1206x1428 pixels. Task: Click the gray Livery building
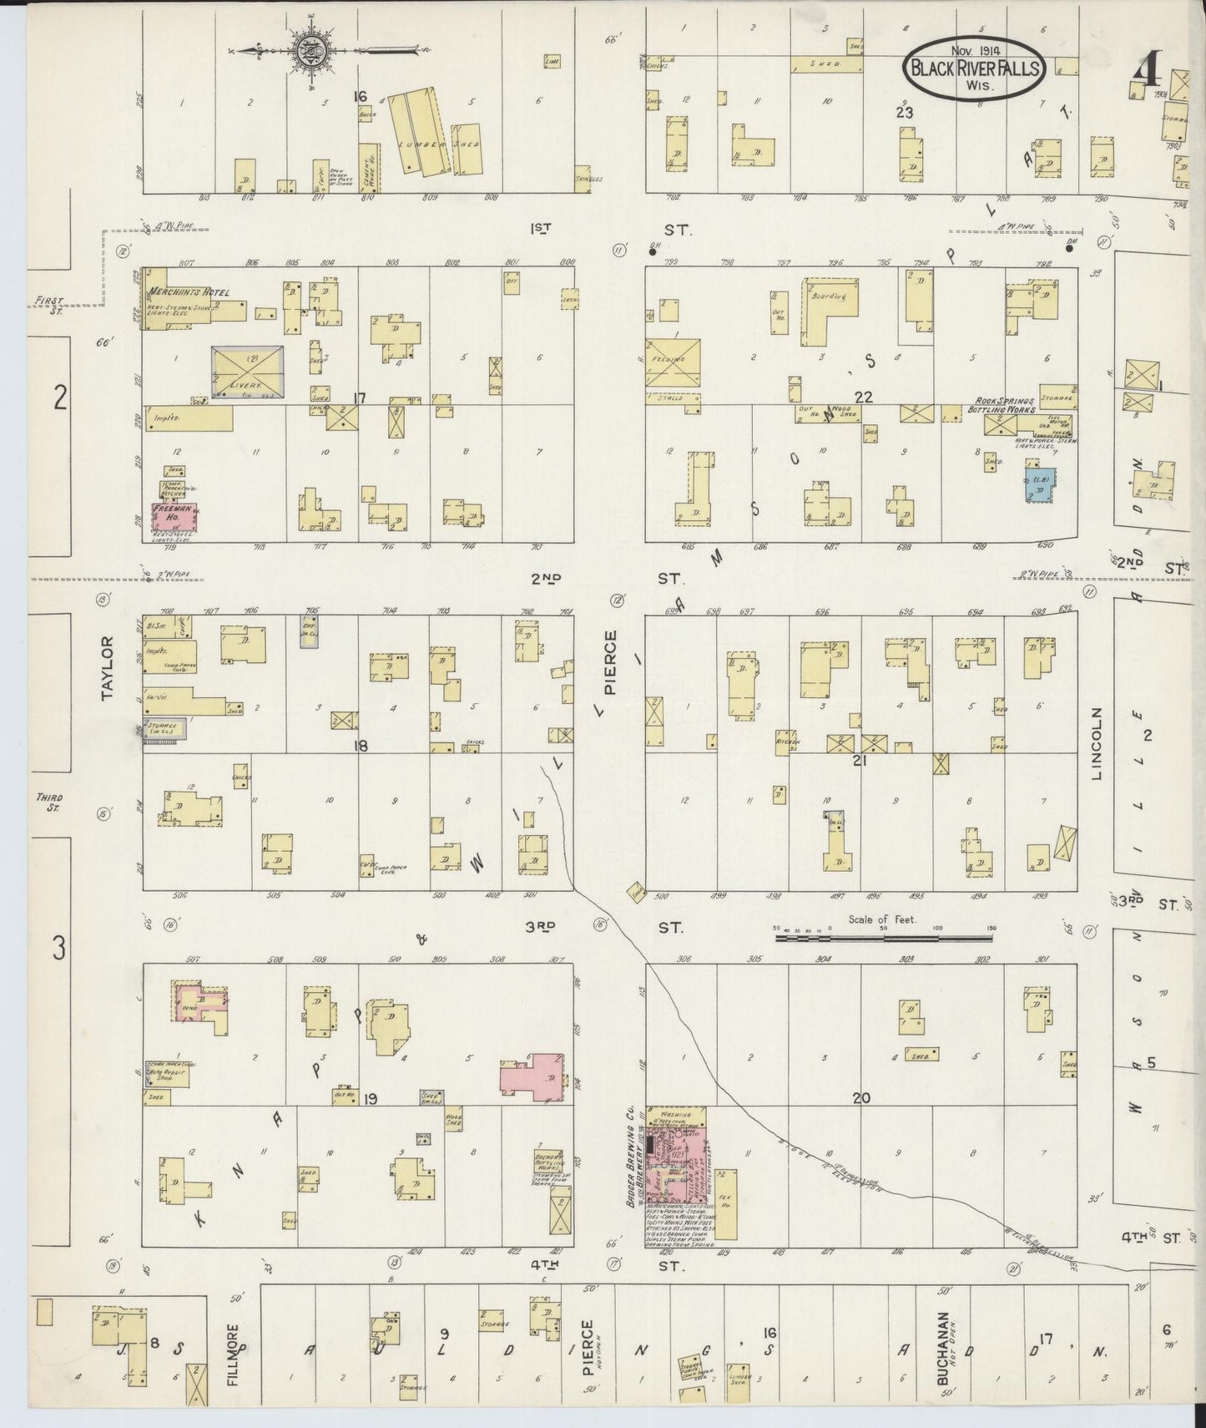tap(248, 371)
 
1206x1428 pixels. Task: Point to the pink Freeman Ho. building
tap(174, 517)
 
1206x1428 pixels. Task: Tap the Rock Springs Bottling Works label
tap(1002, 405)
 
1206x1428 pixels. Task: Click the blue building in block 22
tap(1042, 485)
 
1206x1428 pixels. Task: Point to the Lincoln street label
tap(1098, 743)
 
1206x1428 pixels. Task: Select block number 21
tap(862, 761)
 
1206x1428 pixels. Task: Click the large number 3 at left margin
tap(58, 948)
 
